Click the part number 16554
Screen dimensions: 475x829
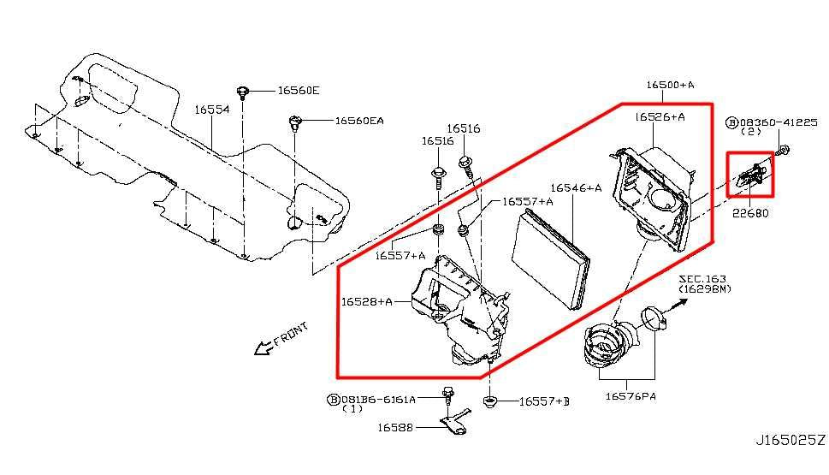pyautogui.click(x=210, y=110)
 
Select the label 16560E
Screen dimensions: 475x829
pyautogui.click(x=298, y=90)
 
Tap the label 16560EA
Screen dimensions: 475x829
pyautogui.click(x=359, y=122)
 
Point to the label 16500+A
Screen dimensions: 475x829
pyautogui.click(x=671, y=85)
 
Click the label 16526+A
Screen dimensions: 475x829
pyautogui.click(x=660, y=116)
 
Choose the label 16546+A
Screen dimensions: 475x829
pyautogui.click(x=576, y=187)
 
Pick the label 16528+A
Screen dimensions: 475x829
pyautogui.click(x=367, y=301)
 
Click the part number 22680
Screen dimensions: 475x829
pyautogui.click(x=749, y=213)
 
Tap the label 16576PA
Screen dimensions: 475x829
pyautogui.click(x=631, y=396)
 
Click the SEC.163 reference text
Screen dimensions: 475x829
pyautogui.click(x=702, y=279)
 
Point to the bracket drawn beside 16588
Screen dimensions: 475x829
pyautogui.click(x=453, y=422)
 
